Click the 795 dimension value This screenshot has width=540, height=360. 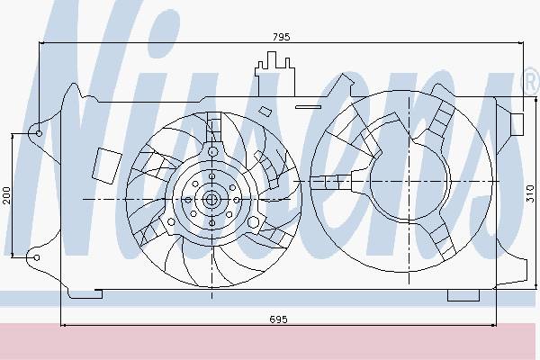point(282,37)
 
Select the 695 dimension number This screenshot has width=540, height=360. point(278,319)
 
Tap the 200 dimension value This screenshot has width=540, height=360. point(6,195)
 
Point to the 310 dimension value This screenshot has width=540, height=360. point(530,193)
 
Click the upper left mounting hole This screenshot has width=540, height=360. point(39,133)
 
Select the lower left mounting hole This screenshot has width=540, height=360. point(37,257)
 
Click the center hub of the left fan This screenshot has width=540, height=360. point(210,199)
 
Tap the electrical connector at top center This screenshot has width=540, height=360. point(274,74)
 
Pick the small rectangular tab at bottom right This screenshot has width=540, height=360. point(463,295)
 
